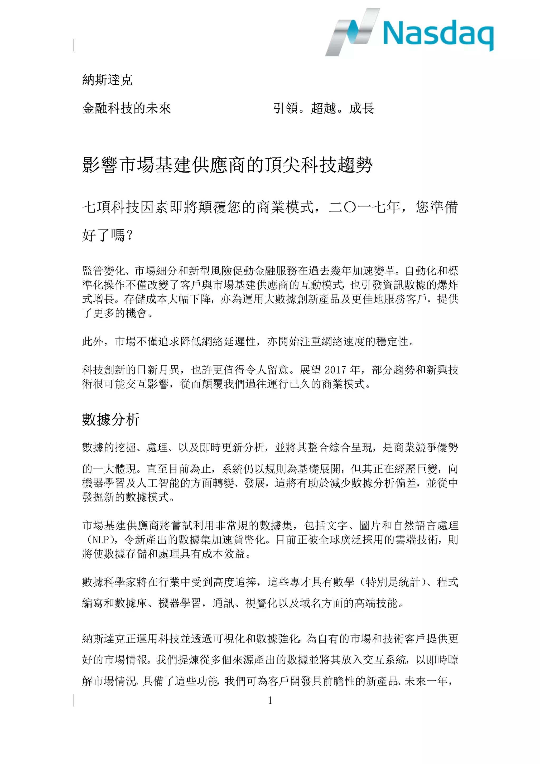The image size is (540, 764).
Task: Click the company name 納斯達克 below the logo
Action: tap(107, 80)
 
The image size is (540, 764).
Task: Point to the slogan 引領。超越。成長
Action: tap(324, 108)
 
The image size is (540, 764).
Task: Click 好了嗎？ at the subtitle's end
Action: tap(108, 235)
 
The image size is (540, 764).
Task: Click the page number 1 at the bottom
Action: tap(270, 700)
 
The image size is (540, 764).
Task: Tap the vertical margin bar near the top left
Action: tap(74, 45)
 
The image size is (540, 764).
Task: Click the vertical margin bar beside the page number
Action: tap(74, 700)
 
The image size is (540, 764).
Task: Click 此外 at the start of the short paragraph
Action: tap(93, 341)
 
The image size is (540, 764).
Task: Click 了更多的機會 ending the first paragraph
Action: tap(114, 313)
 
